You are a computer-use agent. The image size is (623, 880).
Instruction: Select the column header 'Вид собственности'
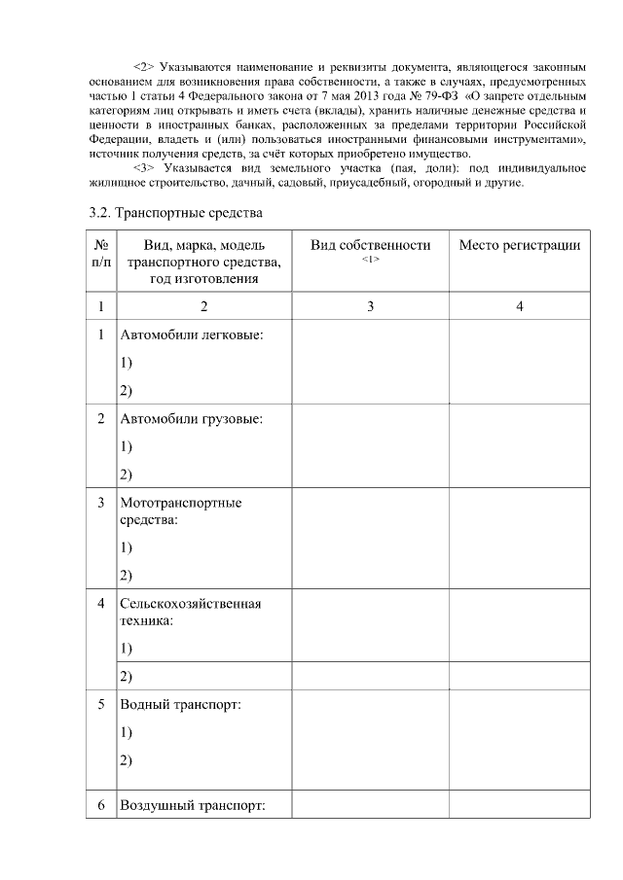(370, 245)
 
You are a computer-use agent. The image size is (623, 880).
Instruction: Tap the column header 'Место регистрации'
(519, 245)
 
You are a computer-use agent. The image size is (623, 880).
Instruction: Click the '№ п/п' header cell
(100, 253)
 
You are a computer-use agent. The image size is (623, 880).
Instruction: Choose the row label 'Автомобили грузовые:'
(191, 419)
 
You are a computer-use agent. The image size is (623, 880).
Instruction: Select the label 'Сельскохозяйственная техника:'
(190, 612)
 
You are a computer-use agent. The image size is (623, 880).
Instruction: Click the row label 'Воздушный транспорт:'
(192, 806)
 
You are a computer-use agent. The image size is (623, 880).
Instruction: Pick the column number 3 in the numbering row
(370, 307)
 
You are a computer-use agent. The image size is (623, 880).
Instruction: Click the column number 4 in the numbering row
(519, 307)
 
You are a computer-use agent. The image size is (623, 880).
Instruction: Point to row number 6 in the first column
(100, 806)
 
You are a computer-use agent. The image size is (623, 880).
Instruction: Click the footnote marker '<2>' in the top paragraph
(144, 68)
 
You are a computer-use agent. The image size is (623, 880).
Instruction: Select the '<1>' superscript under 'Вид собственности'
(370, 260)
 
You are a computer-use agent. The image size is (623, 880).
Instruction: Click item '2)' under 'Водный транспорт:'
(126, 760)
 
